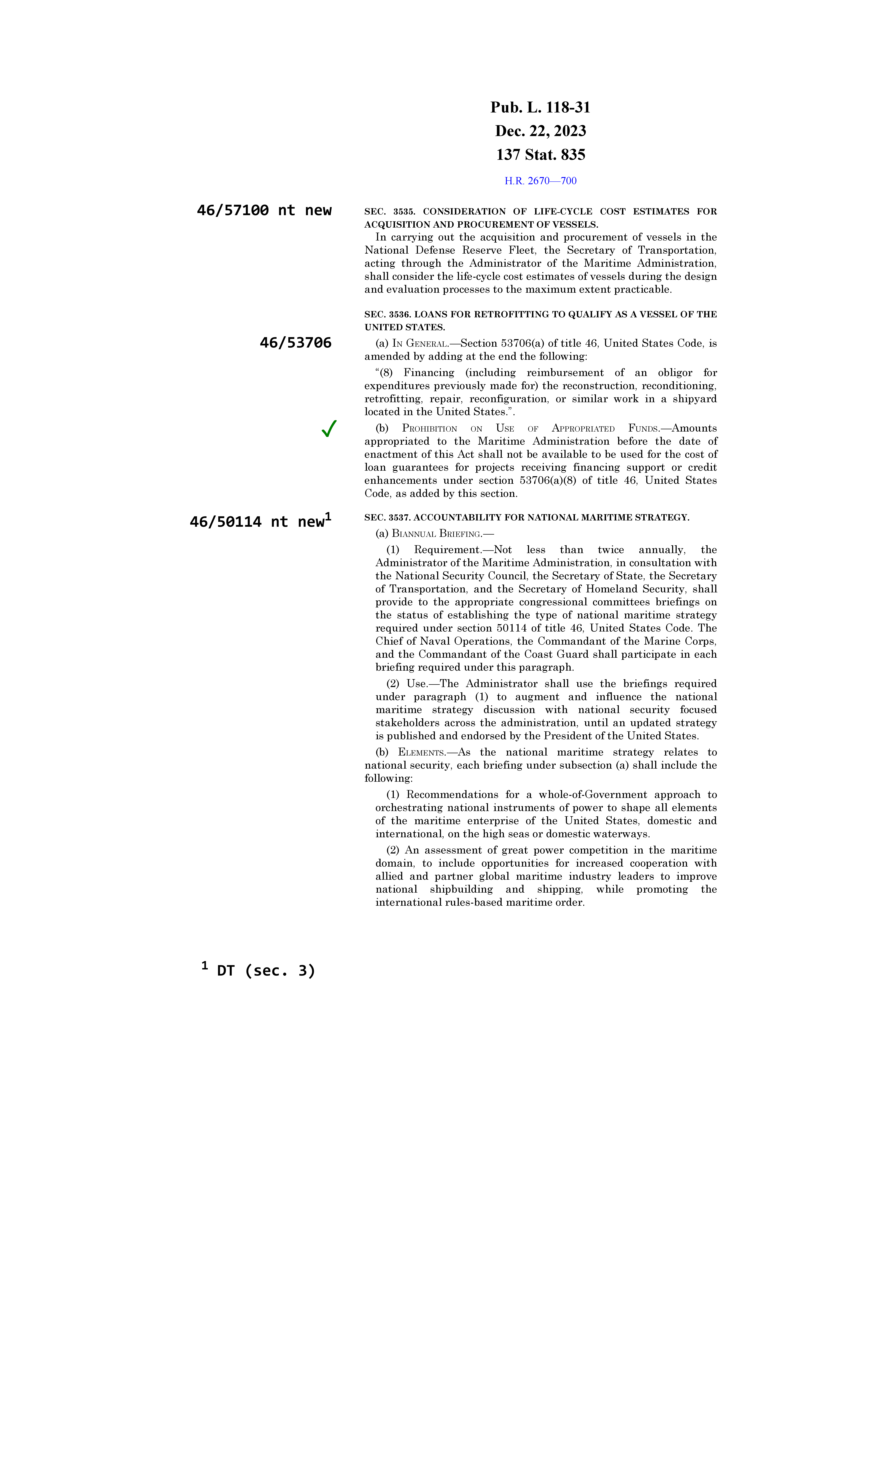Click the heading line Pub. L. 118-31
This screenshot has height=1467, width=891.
tap(540, 108)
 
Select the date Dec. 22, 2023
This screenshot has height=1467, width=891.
tap(540, 131)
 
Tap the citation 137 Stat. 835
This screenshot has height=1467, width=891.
tap(540, 155)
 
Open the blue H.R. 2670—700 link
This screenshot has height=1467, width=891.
tap(540, 181)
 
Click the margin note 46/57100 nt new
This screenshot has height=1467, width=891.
tap(264, 210)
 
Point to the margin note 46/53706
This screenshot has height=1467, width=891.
tap(295, 343)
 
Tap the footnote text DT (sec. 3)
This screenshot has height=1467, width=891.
tap(266, 971)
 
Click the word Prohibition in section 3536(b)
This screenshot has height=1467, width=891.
tap(429, 429)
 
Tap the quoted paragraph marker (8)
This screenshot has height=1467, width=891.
tap(385, 373)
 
